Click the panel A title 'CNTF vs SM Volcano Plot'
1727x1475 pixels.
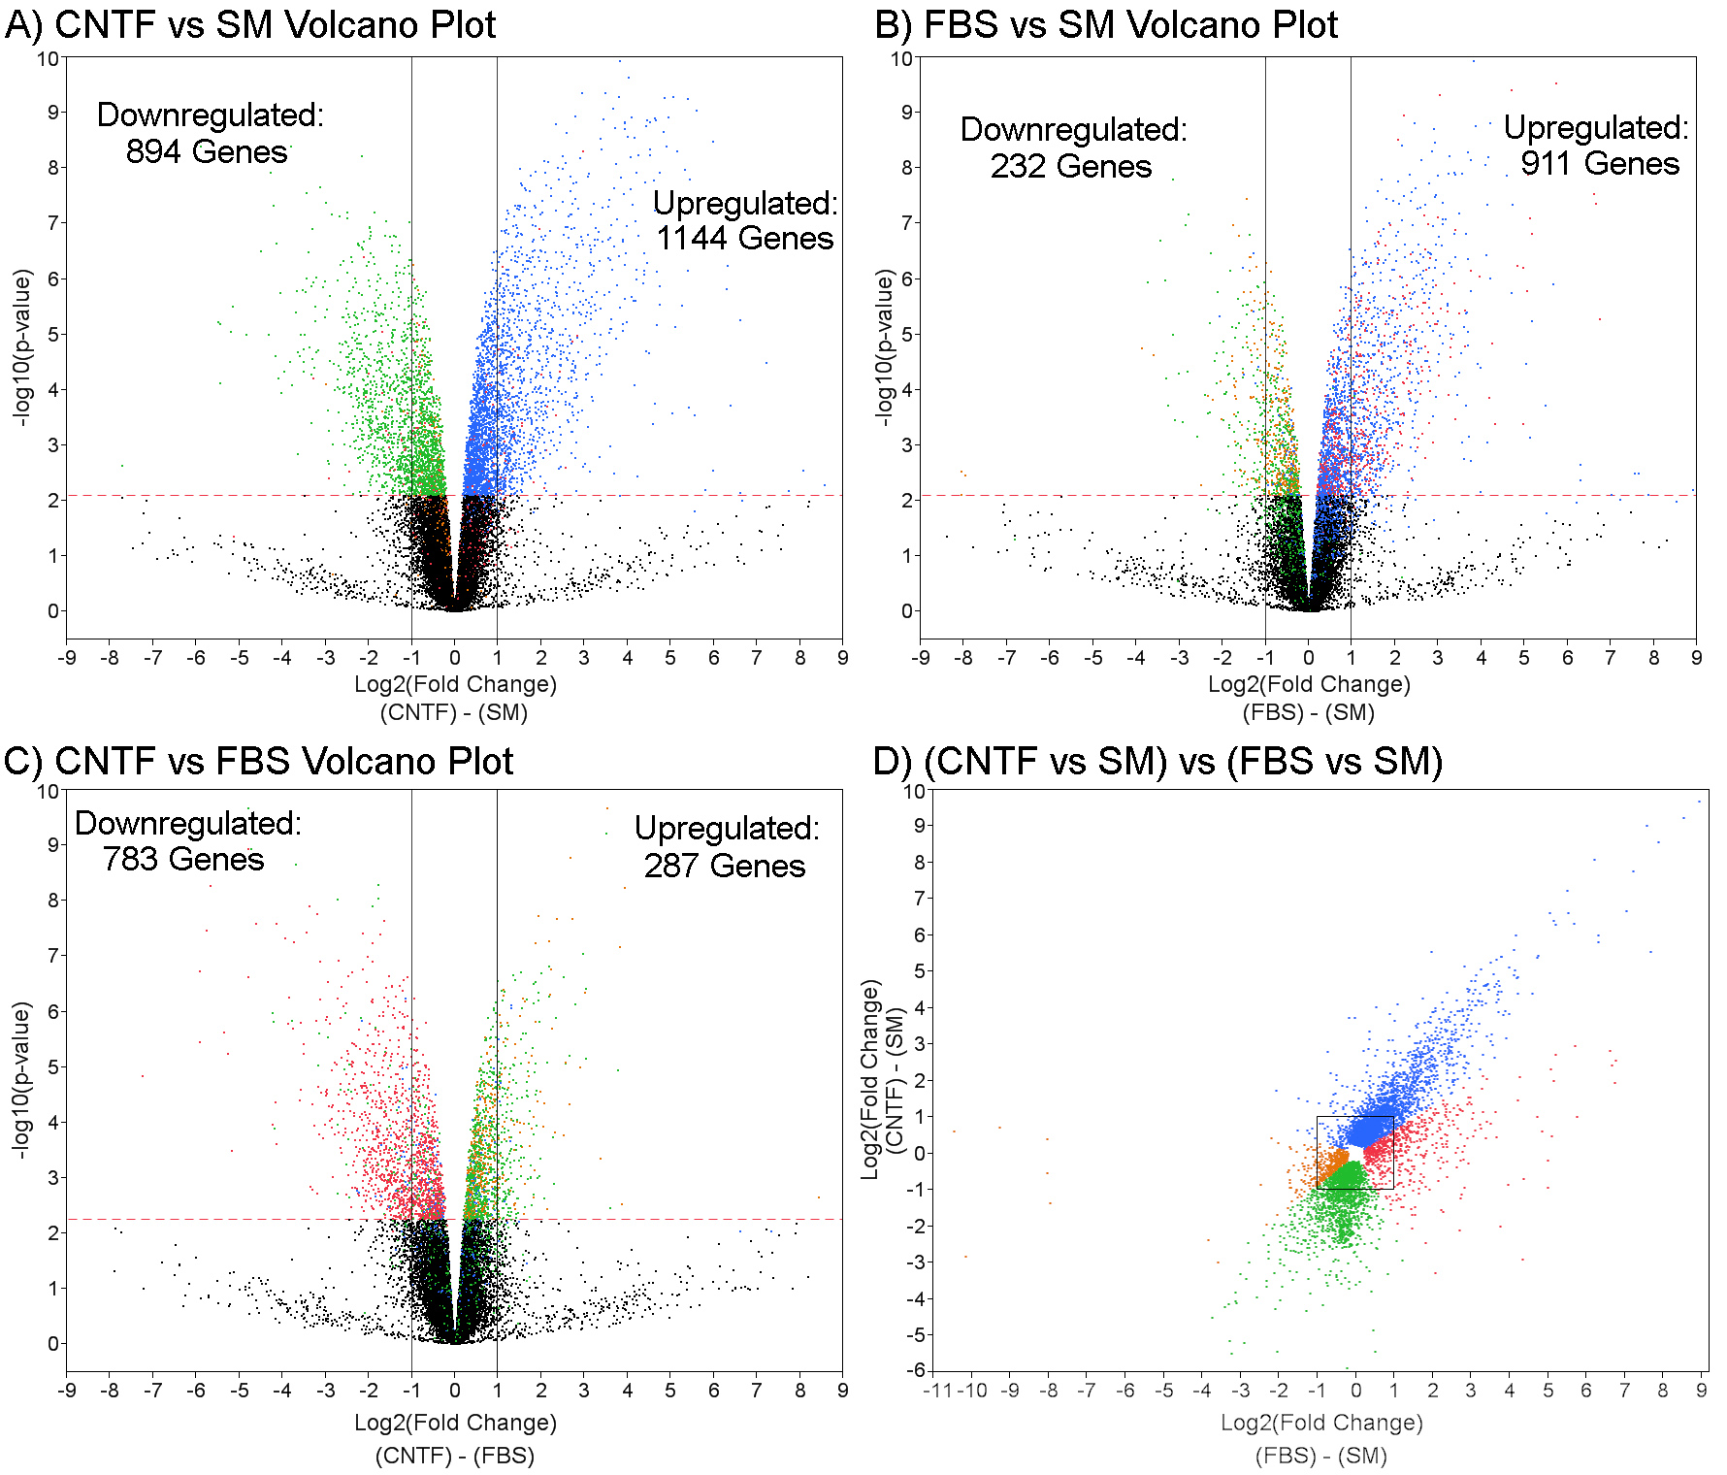pos(275,25)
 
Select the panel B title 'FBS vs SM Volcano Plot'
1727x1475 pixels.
pos(1130,25)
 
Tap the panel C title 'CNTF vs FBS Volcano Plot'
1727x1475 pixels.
pos(283,762)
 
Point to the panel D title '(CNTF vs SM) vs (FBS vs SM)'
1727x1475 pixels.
pos(1183,762)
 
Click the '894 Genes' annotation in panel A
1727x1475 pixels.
pos(207,152)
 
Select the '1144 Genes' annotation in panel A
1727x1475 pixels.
pos(745,239)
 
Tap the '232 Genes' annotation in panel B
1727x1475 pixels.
pos(1071,167)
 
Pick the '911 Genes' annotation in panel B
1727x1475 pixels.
pos(1600,164)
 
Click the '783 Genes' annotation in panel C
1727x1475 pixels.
pos(183,860)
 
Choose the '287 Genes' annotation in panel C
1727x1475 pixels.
pos(725,866)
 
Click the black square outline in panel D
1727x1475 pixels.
pos(1355,1117)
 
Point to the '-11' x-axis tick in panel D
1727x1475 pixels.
pos(937,1391)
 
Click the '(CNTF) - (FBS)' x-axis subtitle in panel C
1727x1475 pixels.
pos(455,1456)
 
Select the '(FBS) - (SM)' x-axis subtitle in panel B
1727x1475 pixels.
pos(1309,712)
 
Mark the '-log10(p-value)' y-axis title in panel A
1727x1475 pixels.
pos(22,347)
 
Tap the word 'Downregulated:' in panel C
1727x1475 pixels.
pos(188,824)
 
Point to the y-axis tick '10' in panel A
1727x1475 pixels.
pos(48,58)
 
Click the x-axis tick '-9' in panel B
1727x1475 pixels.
pos(920,658)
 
